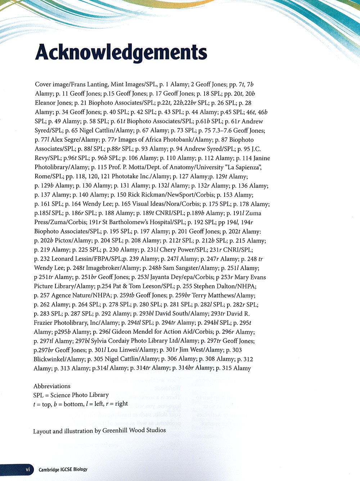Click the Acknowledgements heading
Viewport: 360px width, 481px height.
coord(121,53)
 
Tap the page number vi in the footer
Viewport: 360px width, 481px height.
coord(27,469)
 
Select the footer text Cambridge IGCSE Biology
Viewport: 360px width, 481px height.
coord(63,469)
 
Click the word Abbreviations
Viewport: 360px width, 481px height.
coord(52,386)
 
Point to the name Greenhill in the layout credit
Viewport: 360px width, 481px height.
coord(116,430)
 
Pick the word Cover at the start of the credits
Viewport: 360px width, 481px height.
coord(43,85)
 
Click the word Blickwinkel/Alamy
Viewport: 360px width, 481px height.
coord(59,359)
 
